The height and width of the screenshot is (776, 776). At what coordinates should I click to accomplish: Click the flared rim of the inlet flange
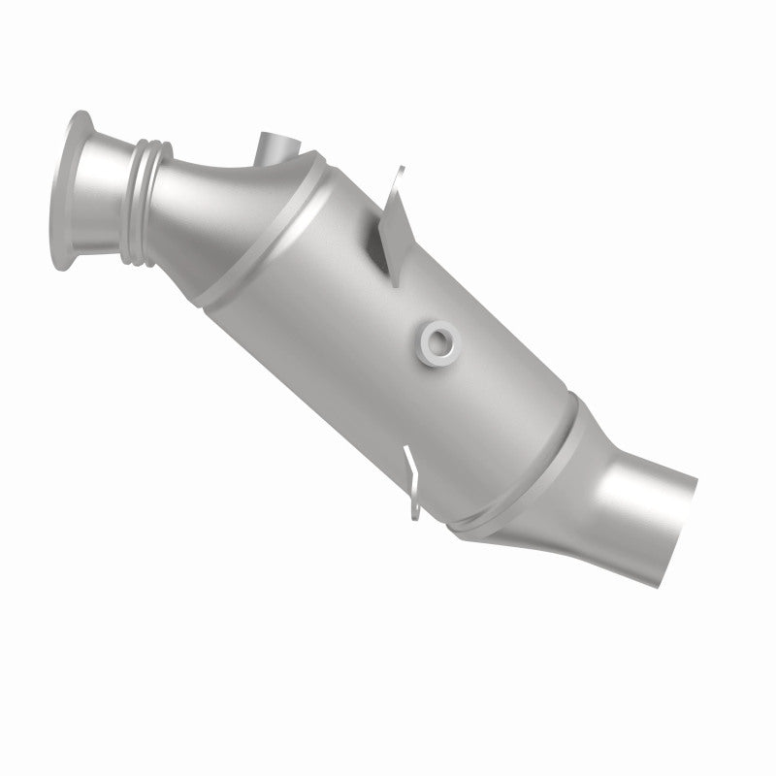tap(69, 193)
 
